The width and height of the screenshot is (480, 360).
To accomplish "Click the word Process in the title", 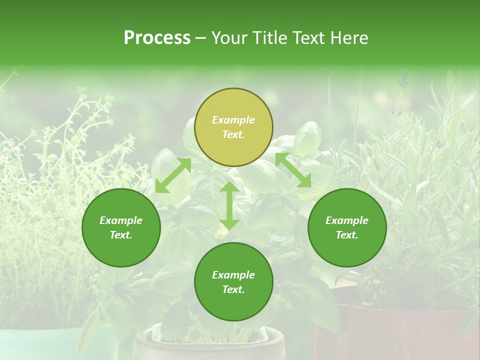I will pos(157,38).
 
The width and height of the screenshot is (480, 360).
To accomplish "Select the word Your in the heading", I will pos(227,38).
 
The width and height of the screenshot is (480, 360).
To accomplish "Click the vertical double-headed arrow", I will pos(229,205).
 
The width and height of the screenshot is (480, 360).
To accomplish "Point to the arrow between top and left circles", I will pos(173,175).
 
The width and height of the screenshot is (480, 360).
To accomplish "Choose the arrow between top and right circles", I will pos(293,170).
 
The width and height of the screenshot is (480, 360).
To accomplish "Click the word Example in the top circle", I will pos(233,120).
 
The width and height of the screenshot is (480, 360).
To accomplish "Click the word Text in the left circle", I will pos(121,235).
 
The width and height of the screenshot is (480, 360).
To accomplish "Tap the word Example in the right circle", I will pos(347,220).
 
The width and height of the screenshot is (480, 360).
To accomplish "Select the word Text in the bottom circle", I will pos(233,289).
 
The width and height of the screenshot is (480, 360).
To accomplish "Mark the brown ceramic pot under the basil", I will pos(210,345).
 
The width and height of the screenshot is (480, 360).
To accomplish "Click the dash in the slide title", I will pos(200,38).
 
